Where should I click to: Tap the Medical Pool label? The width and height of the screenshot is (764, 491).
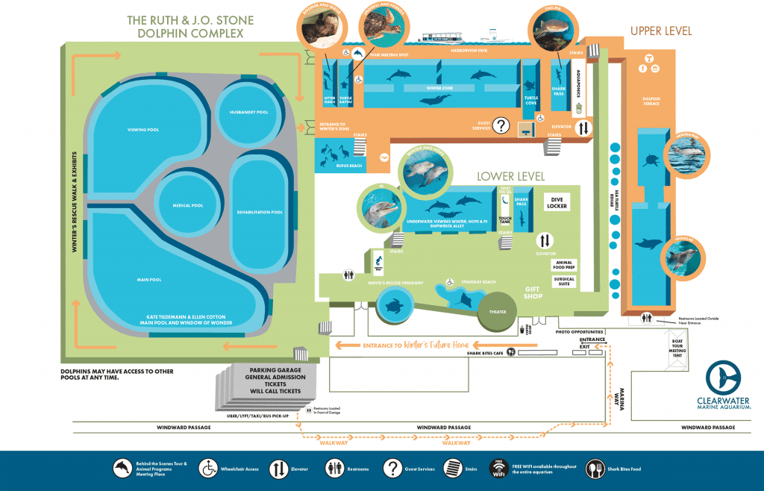tap(187, 204)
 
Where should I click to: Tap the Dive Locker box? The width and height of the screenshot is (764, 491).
tap(557, 204)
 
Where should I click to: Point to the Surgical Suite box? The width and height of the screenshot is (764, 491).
tap(564, 281)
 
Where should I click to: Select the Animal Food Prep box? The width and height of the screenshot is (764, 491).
tap(564, 263)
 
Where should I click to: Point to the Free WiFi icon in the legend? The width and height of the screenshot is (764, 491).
tap(498, 468)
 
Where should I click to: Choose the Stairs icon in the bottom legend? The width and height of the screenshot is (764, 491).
tap(452, 468)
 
